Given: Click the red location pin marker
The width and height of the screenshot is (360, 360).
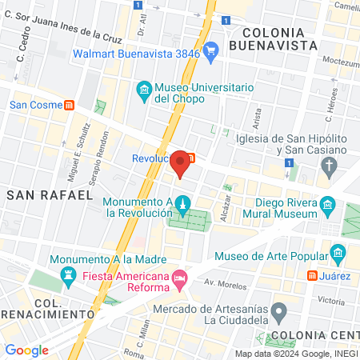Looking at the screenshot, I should (x=181, y=162).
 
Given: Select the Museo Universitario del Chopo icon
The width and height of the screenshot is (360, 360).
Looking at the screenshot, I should (x=144, y=89).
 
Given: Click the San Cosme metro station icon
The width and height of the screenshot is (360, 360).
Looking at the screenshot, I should (x=70, y=104).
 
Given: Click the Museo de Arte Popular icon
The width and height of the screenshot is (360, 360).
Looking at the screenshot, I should (x=338, y=256).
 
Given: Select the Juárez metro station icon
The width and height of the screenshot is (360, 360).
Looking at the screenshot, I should (x=311, y=276).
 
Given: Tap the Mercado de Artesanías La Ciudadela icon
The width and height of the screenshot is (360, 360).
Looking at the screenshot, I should (x=278, y=310).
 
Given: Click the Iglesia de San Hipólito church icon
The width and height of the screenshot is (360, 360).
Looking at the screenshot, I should (x=328, y=166).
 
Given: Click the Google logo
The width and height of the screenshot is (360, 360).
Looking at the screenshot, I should (x=26, y=350).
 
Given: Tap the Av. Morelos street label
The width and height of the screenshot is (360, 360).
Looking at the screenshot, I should (x=222, y=283).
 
